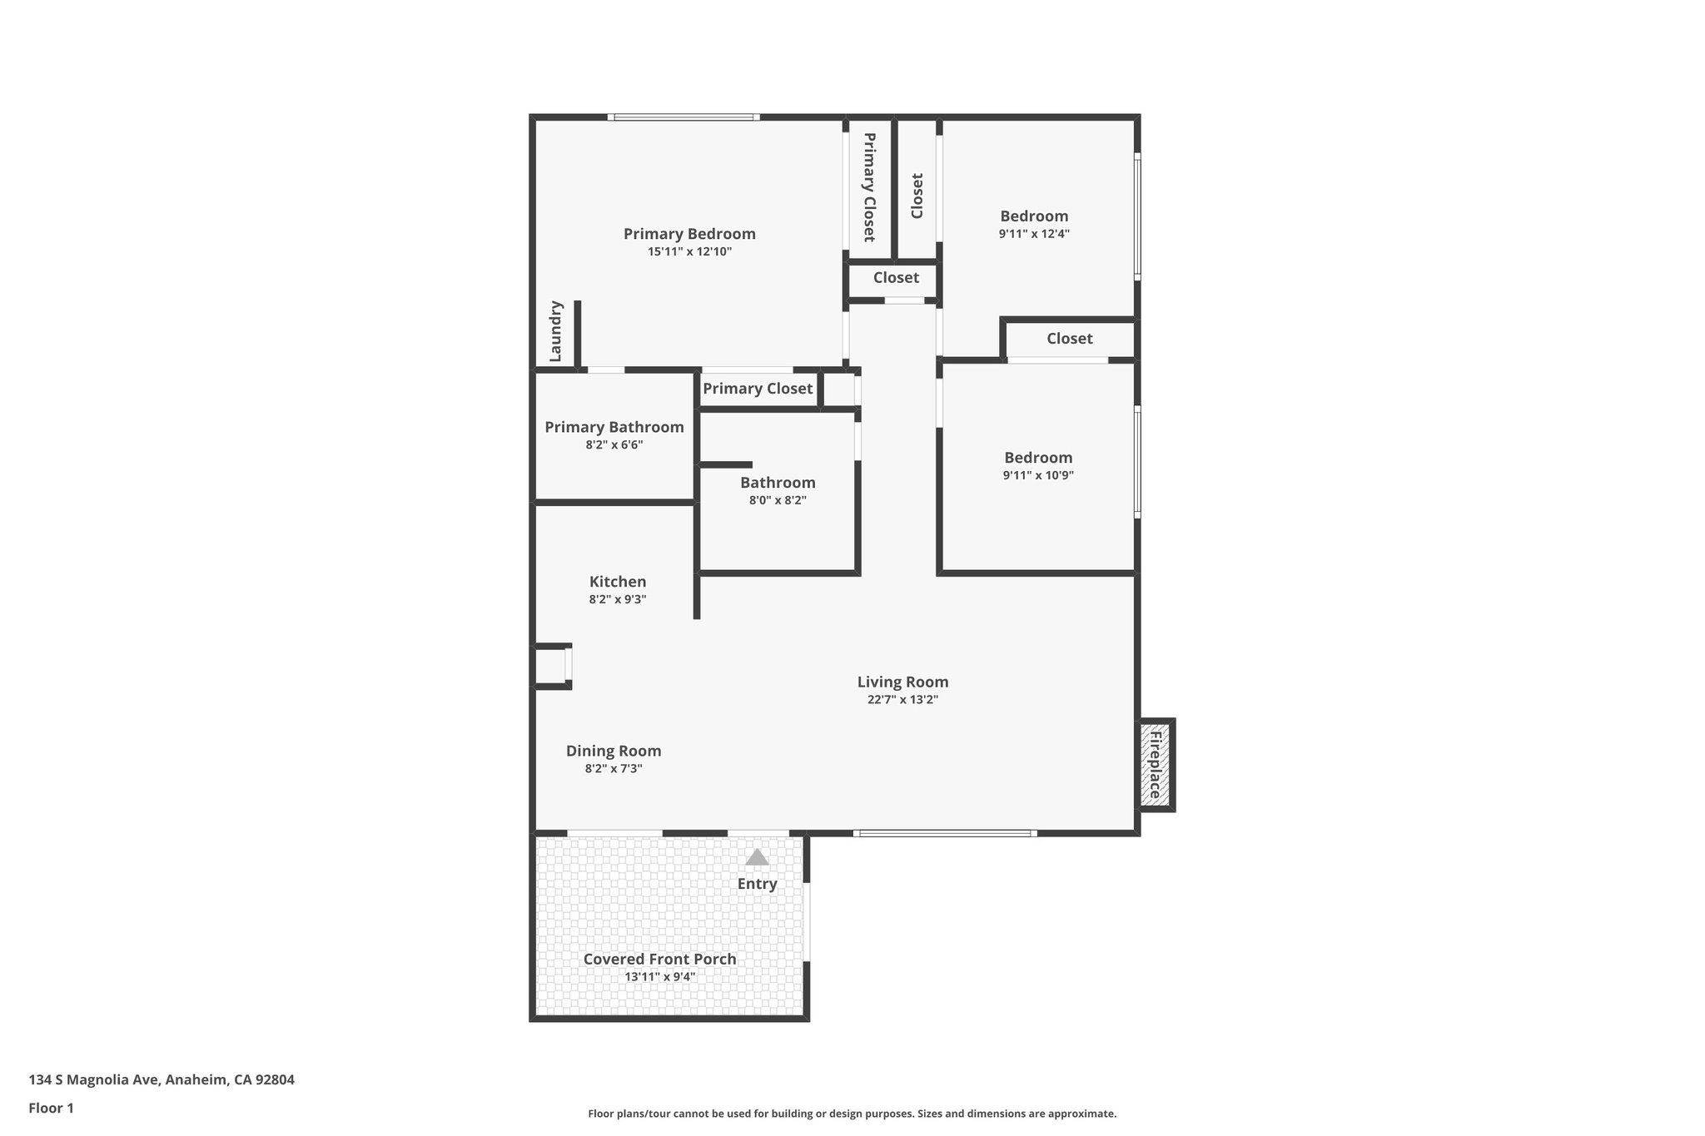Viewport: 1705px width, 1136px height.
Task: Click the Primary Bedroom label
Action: tap(689, 234)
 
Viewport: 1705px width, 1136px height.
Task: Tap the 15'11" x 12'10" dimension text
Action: tap(689, 251)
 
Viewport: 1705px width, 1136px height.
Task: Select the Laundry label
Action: tap(556, 331)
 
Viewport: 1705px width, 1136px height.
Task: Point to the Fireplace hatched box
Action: tap(1156, 765)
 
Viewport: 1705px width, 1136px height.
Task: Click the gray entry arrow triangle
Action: tap(757, 857)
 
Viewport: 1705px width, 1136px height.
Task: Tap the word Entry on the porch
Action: tap(757, 884)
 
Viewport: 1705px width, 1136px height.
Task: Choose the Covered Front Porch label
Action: tap(659, 959)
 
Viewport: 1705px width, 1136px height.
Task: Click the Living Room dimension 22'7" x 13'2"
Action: tap(902, 700)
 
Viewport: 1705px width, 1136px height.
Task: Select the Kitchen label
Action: tap(618, 582)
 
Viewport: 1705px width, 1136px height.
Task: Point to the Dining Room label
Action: tap(614, 751)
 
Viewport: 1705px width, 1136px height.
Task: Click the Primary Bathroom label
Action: tap(614, 427)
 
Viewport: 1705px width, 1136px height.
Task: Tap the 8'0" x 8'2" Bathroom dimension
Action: tap(778, 500)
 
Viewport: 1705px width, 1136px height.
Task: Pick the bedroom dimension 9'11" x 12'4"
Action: tap(1034, 234)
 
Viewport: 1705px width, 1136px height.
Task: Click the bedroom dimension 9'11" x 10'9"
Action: tap(1038, 475)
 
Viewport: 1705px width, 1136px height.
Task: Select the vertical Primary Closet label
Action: tap(869, 187)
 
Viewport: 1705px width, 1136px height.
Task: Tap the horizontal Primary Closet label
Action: tap(758, 389)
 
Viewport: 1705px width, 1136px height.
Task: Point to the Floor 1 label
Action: tap(52, 1108)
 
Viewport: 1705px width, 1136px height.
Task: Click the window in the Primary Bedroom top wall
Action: tap(683, 117)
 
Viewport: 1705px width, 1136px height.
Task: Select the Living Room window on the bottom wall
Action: tap(945, 832)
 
